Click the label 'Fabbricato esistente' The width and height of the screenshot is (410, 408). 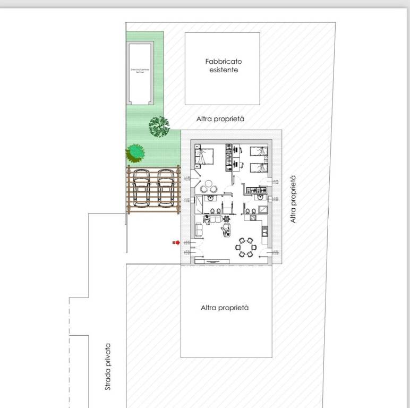[222, 65]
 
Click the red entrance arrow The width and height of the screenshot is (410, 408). [176, 243]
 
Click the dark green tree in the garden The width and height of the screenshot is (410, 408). [158, 126]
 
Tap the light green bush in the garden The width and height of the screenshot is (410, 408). [135, 153]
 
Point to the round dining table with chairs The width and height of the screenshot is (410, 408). [245, 247]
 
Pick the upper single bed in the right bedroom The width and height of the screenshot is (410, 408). [260, 151]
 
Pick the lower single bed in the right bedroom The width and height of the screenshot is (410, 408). [260, 167]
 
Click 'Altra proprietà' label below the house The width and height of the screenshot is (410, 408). [225, 308]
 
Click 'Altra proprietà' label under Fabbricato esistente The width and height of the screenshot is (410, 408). [220, 120]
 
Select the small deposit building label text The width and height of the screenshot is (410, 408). [140, 71]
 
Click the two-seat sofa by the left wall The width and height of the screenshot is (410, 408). [199, 230]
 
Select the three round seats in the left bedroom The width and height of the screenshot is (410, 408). [208, 186]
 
